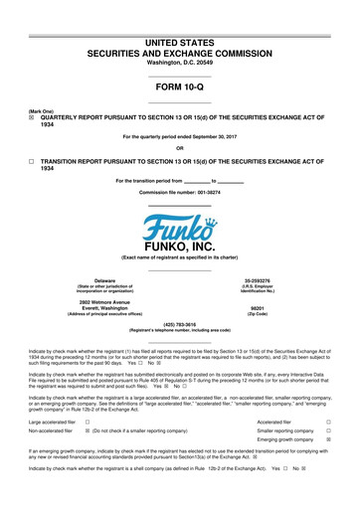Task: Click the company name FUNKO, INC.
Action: tap(179, 247)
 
